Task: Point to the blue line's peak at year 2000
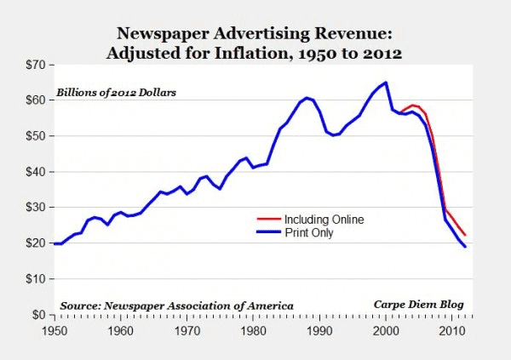(x=386, y=83)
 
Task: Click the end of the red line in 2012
(x=465, y=235)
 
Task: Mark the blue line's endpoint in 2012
(x=465, y=246)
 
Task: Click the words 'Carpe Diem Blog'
(x=423, y=304)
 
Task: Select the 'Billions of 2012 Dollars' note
(x=116, y=92)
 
